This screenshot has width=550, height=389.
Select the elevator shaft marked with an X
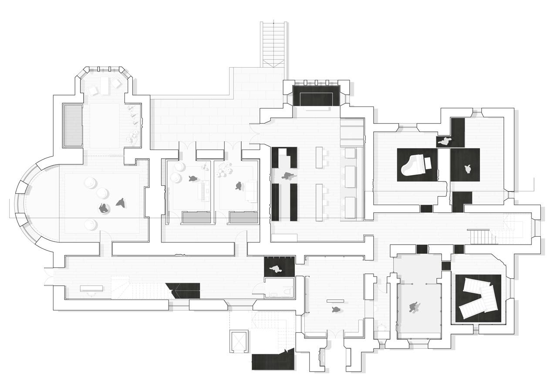coord(239,341)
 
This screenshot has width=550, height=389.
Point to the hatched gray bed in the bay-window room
coord(73,125)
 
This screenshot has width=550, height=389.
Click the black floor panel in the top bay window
coord(316,96)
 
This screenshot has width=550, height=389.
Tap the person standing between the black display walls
coord(287,176)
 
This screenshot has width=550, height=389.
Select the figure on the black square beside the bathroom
coord(276,269)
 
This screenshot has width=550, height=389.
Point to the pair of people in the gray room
coord(415,307)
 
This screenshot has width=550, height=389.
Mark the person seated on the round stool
coord(103,208)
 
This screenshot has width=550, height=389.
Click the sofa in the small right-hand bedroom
coord(251,192)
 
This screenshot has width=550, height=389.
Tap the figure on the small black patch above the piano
coord(445,141)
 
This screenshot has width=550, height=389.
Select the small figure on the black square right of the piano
coord(468,169)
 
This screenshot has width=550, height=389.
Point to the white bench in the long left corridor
coord(91,288)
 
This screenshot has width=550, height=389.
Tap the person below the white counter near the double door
coord(336,309)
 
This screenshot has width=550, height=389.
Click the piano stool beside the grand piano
coord(428,163)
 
